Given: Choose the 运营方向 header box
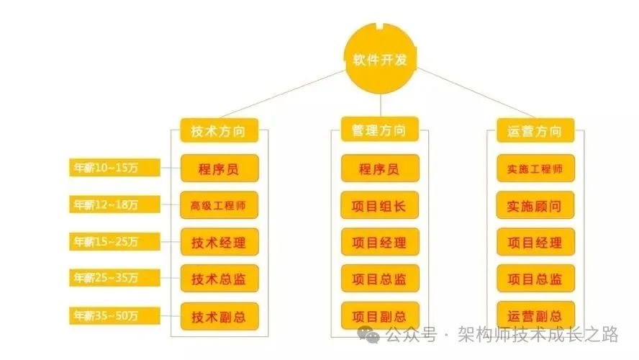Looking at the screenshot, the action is tap(535, 131).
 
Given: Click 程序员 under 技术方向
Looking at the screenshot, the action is tap(219, 170).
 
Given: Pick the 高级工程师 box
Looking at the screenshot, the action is tap(219, 206).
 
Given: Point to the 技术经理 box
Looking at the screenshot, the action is tap(219, 242).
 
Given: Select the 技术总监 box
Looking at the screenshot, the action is tap(219, 279).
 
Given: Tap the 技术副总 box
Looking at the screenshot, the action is tap(219, 315).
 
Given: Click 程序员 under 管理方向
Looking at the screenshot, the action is tap(379, 170).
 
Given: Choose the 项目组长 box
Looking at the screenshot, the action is tap(379, 206).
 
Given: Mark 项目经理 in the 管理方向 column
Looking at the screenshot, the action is tap(379, 242).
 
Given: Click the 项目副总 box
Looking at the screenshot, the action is tap(379, 315).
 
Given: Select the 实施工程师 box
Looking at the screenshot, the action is tap(535, 170).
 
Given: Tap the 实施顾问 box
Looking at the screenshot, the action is tap(535, 206).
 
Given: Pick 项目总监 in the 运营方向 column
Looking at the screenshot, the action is tap(535, 279).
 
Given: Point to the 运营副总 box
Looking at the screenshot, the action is tap(535, 315).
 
